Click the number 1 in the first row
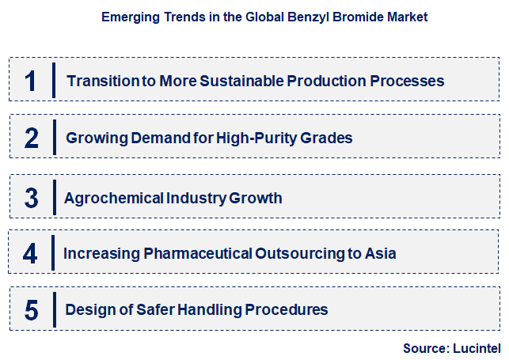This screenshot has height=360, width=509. click(30, 81)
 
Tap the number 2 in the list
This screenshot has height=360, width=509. click(31, 138)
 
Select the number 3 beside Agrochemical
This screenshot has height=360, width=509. click(31, 198)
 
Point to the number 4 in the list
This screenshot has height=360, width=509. click(30, 254)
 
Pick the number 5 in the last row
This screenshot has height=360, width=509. click(31, 310)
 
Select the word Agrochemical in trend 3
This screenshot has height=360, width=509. click(108, 198)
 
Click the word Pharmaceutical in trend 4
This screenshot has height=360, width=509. click(198, 254)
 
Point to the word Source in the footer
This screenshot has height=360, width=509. click(425, 347)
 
